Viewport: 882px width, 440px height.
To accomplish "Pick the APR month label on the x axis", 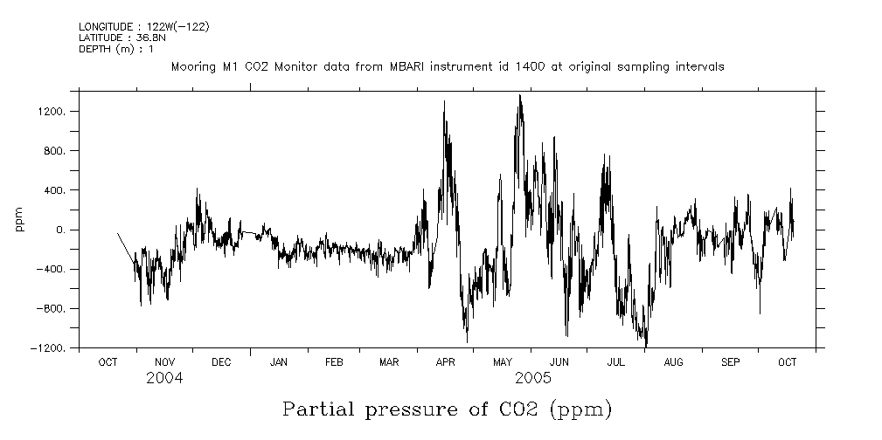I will [x=446, y=362].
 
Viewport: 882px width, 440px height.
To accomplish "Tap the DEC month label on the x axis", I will [x=221, y=362].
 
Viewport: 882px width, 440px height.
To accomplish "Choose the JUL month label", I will [x=616, y=362].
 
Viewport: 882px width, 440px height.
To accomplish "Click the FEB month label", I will [x=334, y=362].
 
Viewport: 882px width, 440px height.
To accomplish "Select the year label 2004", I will [x=164, y=378].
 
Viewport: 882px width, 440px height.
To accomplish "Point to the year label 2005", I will [x=533, y=378].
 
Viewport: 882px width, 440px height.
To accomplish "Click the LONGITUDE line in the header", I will [x=143, y=27].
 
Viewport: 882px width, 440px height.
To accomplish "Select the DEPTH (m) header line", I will [x=116, y=49].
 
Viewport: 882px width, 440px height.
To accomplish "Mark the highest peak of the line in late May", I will [x=520, y=94].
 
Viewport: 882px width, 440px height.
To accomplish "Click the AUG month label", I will [x=673, y=362].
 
